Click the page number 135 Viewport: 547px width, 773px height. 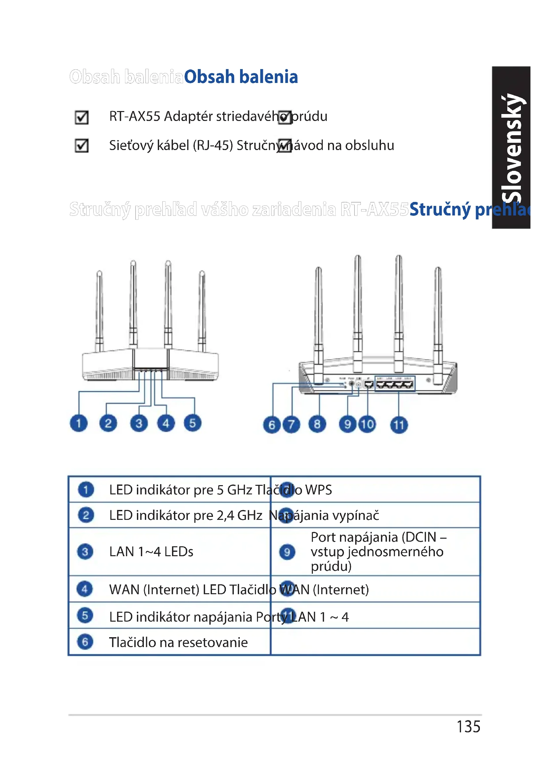(x=468, y=726)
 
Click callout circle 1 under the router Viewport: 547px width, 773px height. (x=78, y=423)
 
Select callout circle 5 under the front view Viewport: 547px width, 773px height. (x=192, y=423)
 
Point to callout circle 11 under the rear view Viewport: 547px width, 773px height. (x=399, y=425)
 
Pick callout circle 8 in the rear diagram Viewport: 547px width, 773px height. (x=317, y=424)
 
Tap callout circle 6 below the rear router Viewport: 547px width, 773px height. (x=272, y=425)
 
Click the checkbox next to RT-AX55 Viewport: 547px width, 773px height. (x=81, y=117)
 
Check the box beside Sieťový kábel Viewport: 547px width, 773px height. (x=81, y=145)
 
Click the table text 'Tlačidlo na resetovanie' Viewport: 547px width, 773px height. (x=178, y=642)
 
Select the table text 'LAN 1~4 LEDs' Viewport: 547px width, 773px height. (x=151, y=552)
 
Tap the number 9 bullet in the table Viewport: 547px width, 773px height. (x=287, y=552)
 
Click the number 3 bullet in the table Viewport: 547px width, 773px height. (x=85, y=552)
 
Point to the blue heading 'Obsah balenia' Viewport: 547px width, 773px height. (x=241, y=77)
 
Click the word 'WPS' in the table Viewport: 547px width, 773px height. (x=318, y=490)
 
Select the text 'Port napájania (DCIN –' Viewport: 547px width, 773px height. (x=378, y=537)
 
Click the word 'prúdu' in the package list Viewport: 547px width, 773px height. (x=309, y=116)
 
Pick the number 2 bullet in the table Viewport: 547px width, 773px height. (x=86, y=515)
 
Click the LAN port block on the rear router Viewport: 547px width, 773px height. (x=395, y=384)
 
